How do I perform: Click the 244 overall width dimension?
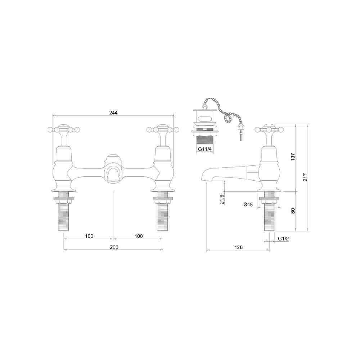(113, 113)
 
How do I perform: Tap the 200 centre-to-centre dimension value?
(114, 247)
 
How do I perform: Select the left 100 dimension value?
(89, 236)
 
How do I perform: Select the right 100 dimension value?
(139, 236)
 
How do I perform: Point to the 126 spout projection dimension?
(238, 247)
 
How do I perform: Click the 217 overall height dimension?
(305, 177)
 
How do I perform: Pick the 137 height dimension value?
(293, 157)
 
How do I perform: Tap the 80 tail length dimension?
(293, 211)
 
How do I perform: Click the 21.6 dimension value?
(221, 199)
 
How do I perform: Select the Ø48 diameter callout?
(248, 204)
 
